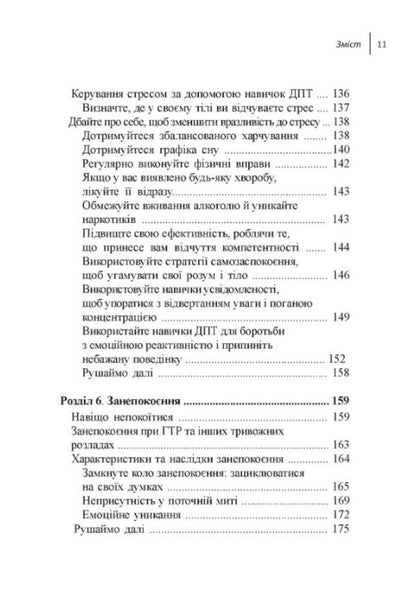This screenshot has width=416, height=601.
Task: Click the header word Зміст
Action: click(346, 44)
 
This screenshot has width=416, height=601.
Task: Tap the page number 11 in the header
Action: click(384, 44)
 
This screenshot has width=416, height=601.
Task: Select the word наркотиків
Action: click(109, 219)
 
